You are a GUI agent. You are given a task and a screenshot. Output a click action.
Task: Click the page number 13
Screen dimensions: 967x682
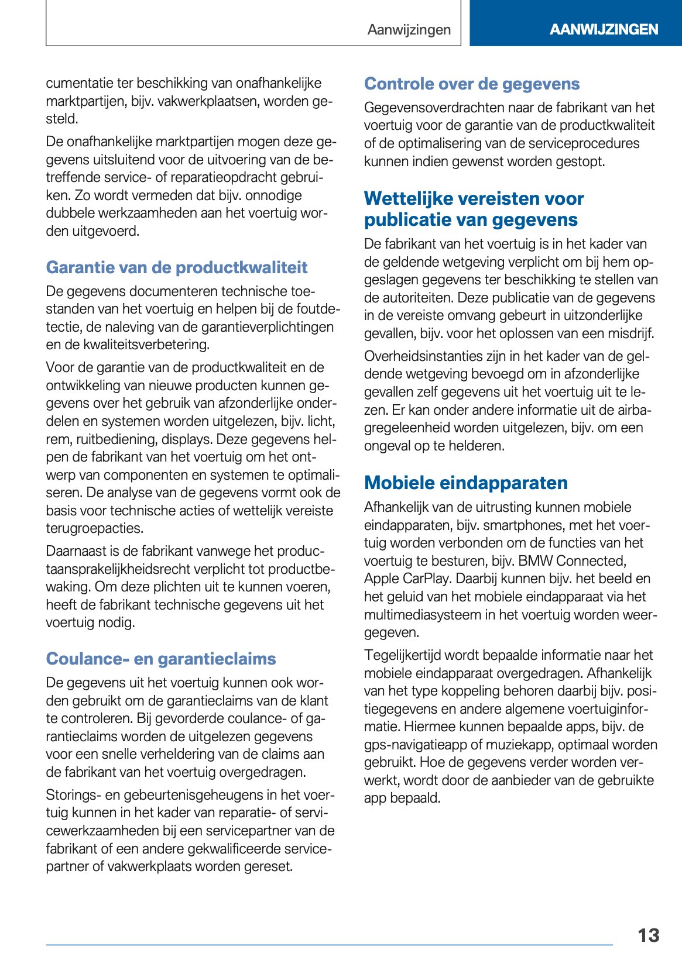pos(648,935)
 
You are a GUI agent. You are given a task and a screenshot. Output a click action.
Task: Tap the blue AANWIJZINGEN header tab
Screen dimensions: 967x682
pos(604,29)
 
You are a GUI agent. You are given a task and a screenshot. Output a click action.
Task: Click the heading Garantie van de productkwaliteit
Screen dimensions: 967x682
pos(177,267)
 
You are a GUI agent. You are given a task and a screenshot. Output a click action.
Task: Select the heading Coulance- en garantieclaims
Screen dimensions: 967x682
pos(161,659)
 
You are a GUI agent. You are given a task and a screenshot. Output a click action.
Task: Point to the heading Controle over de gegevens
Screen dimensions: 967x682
pos(472,84)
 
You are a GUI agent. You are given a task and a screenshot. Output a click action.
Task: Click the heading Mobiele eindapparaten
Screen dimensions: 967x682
pos(466,483)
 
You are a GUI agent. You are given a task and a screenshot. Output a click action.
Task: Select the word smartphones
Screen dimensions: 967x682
pos(517,525)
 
